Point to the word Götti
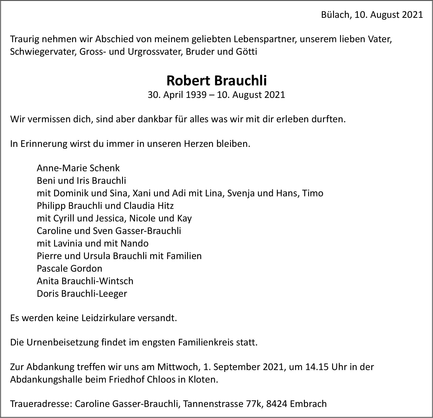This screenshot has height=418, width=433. pyautogui.click(x=247, y=52)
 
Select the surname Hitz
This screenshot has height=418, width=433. pyautogui.click(x=166, y=206)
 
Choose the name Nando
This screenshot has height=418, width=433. pyautogui.click(x=134, y=243)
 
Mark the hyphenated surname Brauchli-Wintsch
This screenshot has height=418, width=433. pyautogui.click(x=97, y=281)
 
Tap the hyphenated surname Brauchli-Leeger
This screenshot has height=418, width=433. pyautogui.click(x=94, y=293)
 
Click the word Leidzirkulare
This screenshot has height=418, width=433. pyautogui.click(x=109, y=318)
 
